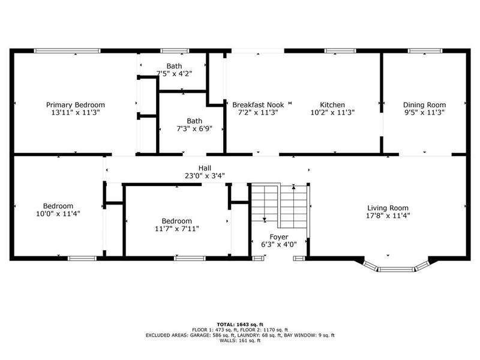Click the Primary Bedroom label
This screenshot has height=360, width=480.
pyautogui.click(x=76, y=105)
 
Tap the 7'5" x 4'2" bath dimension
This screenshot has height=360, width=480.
pyautogui.click(x=174, y=74)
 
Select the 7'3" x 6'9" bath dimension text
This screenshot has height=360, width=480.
pyautogui.click(x=194, y=129)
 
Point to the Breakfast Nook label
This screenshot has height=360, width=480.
pyautogui.click(x=258, y=105)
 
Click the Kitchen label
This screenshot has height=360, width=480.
pyautogui.click(x=332, y=105)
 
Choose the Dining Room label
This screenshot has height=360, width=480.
pyautogui.click(x=424, y=105)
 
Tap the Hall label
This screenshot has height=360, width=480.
pyautogui.click(x=205, y=168)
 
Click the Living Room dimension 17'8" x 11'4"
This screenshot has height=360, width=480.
pyautogui.click(x=388, y=216)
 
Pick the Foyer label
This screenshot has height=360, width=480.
pyautogui.click(x=279, y=237)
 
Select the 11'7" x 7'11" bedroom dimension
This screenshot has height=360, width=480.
pyautogui.click(x=177, y=229)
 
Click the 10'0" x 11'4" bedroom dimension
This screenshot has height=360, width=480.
pyautogui.click(x=58, y=214)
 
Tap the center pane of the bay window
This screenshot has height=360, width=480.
pyautogui.click(x=396, y=269)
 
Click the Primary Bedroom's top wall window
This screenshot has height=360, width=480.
pyautogui.click(x=67, y=51)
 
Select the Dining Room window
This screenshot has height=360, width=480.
pyautogui.click(x=425, y=51)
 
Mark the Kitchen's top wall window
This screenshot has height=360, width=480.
pyautogui.click(x=340, y=51)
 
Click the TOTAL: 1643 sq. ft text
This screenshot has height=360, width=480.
pyautogui.click(x=240, y=325)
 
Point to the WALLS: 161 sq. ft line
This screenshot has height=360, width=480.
pyautogui.click(x=240, y=340)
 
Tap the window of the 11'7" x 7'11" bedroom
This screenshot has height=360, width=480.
pyautogui.click(x=190, y=259)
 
